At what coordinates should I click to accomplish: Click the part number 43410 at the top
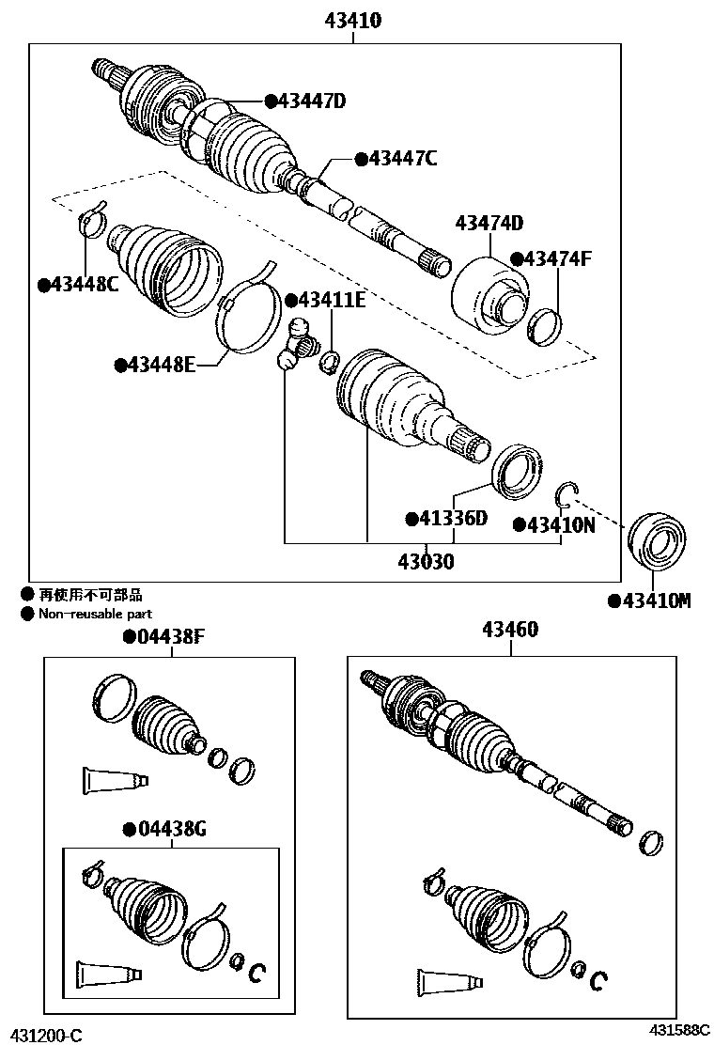coord(353,20)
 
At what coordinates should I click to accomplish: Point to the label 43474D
coord(489,224)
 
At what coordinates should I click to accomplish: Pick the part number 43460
coord(511,630)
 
